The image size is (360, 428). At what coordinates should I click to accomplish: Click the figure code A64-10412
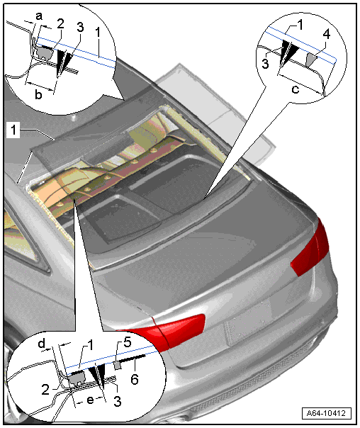(326, 412)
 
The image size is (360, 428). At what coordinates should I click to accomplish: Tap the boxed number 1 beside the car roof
(13, 130)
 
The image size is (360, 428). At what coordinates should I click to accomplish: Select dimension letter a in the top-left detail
(39, 16)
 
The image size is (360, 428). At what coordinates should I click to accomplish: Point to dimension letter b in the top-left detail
(38, 94)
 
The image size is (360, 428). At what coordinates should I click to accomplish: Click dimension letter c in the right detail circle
(296, 89)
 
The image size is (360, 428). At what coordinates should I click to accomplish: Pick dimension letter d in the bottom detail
(42, 344)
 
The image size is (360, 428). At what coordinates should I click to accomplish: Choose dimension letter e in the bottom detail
(90, 400)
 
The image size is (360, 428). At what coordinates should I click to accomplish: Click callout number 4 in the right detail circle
(327, 34)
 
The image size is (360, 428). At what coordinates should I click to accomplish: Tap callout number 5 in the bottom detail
(128, 342)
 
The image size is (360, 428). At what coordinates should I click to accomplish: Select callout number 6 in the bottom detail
(135, 379)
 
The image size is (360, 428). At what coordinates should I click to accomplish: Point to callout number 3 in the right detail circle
(265, 63)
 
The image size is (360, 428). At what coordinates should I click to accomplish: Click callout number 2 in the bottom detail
(45, 389)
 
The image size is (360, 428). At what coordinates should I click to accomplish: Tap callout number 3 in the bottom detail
(118, 401)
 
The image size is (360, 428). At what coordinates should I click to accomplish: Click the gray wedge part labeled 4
(311, 60)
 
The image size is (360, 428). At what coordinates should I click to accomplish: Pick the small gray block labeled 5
(118, 365)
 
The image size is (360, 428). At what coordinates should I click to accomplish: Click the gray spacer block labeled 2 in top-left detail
(43, 52)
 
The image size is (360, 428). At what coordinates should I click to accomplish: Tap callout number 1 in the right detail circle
(300, 25)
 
